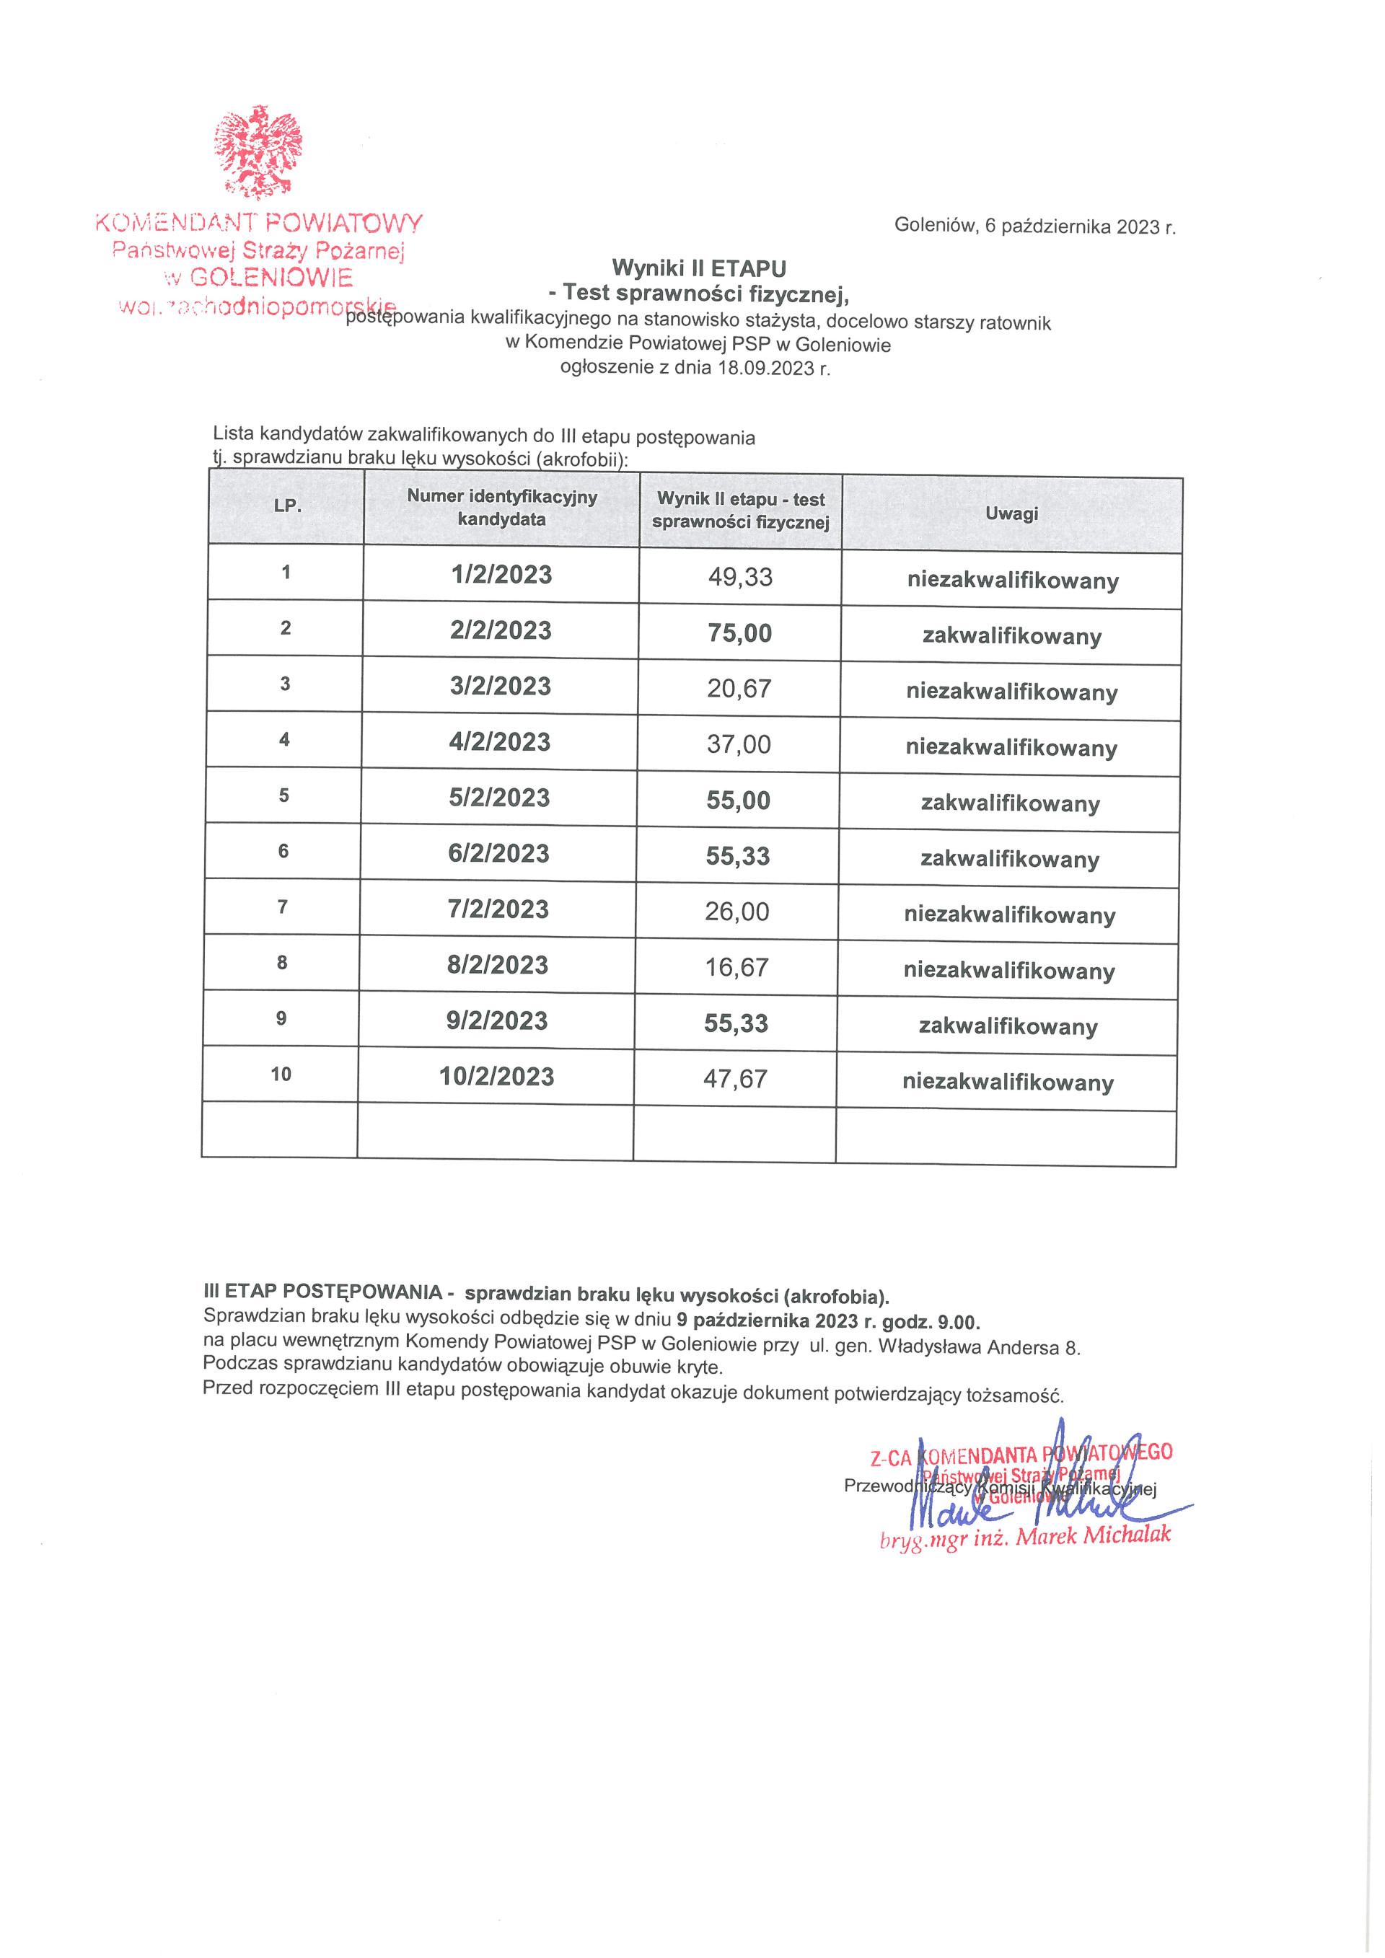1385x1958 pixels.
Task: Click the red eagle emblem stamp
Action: pyautogui.click(x=258, y=151)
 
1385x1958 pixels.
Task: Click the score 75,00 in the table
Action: pyautogui.click(x=739, y=632)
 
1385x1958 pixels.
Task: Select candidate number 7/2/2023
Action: pyautogui.click(x=498, y=909)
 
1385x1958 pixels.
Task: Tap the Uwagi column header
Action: pyautogui.click(x=1011, y=513)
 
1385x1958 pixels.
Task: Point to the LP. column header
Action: pyautogui.click(x=287, y=506)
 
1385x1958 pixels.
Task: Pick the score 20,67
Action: pyautogui.click(x=739, y=688)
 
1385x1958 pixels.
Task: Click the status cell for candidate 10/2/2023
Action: pyautogui.click(x=1008, y=1082)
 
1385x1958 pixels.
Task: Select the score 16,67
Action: pyautogui.click(x=737, y=967)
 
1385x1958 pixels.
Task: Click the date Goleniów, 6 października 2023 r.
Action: pyautogui.click(x=1034, y=226)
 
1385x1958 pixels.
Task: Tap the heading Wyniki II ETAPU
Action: pyautogui.click(x=698, y=268)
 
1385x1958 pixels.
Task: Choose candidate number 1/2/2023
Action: pyautogui.click(x=501, y=575)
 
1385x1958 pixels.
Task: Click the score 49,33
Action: pyautogui.click(x=740, y=578)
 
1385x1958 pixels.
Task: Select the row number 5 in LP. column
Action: pyautogui.click(x=284, y=795)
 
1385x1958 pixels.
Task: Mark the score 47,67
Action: pyautogui.click(x=735, y=1079)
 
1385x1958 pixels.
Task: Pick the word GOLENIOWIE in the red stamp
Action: pyautogui.click(x=271, y=277)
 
